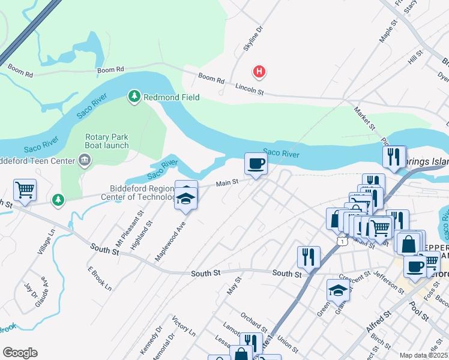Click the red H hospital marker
[x=259, y=72]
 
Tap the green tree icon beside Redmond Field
[x=134, y=96]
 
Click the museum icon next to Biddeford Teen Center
[x=85, y=160]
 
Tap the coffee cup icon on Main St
[x=256, y=164]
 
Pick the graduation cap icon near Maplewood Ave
[x=186, y=197]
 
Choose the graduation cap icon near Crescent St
[x=338, y=290]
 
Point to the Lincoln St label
[x=249, y=89]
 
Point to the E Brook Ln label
[x=100, y=279]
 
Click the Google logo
[x=20, y=353]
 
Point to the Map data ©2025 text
[x=423, y=355]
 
